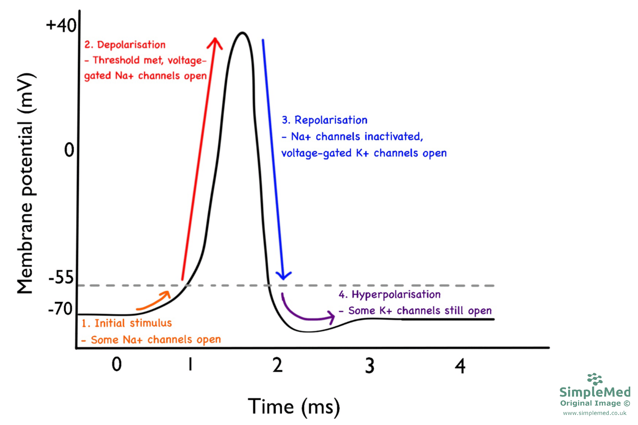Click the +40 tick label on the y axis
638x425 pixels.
(61, 25)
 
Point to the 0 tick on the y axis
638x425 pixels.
(69, 150)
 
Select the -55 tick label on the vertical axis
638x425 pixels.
(61, 277)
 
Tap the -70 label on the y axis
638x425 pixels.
(60, 309)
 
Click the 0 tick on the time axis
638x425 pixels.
(116, 364)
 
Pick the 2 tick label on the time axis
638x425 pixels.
(277, 365)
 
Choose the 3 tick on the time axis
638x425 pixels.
(370, 366)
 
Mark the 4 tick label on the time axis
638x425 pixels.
(460, 366)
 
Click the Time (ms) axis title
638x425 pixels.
(294, 407)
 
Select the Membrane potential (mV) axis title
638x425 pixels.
(26, 184)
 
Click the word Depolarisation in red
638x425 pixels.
(131, 45)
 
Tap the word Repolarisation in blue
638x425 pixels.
(331, 120)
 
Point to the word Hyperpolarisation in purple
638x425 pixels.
(396, 295)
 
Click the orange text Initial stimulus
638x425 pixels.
(133, 323)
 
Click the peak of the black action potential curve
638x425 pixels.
(242, 33)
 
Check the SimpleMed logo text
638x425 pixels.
(595, 392)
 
